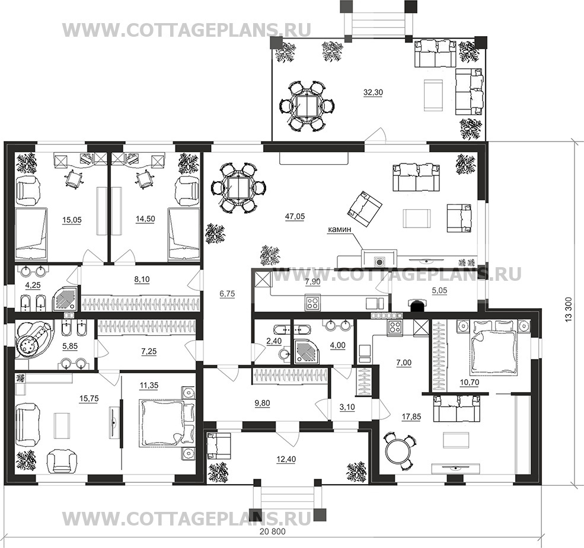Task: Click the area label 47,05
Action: (x=295, y=216)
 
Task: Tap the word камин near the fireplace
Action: (x=339, y=230)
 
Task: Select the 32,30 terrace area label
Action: (x=373, y=92)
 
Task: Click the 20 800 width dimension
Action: (x=273, y=531)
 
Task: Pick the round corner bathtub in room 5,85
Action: (x=32, y=339)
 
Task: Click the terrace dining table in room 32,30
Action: (x=306, y=106)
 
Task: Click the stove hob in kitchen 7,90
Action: (x=312, y=302)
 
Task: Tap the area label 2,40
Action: (x=274, y=341)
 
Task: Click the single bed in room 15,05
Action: (x=31, y=233)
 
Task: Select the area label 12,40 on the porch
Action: (x=286, y=460)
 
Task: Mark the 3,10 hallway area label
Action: (x=347, y=407)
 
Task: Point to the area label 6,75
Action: (x=227, y=294)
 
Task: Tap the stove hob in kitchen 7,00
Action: (x=395, y=327)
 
